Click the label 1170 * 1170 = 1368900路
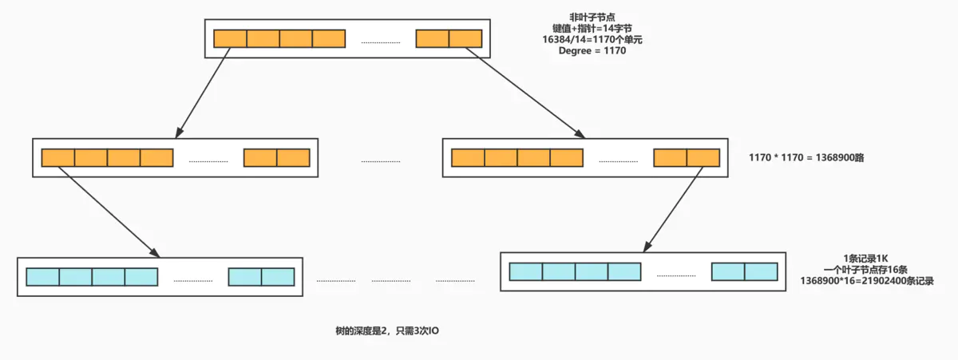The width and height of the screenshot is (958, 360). point(807,158)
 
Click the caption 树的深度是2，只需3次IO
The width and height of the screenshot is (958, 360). point(387,330)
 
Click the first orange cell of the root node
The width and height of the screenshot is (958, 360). point(230,38)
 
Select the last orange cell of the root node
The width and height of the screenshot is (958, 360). point(465,38)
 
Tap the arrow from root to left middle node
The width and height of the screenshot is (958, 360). point(204,89)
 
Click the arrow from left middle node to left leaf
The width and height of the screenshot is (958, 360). point(107,212)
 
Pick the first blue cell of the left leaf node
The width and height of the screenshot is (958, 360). point(42,277)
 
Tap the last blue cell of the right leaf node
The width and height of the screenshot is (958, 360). point(761,271)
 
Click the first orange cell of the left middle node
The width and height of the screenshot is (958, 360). point(57,157)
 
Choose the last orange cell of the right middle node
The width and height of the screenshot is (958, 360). point(703,157)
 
